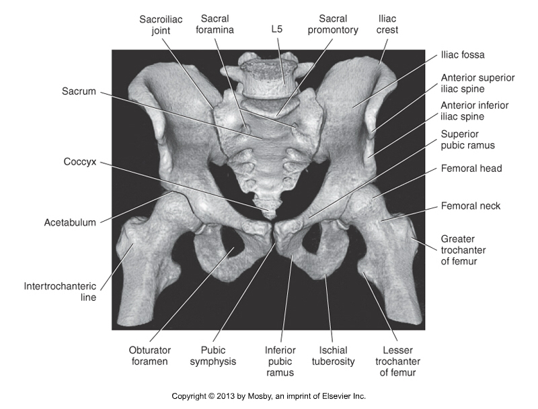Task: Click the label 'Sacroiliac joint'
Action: pos(161,25)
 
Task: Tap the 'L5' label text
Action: pos(277,29)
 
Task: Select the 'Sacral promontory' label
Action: pos(333,24)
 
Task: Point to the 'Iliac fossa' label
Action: pos(463,55)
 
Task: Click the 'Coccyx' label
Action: pos(80,162)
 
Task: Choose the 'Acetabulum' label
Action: pos(70,223)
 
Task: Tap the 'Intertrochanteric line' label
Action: pos(60,291)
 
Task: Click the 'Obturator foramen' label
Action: pos(149,355)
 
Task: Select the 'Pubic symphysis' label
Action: pos(213,355)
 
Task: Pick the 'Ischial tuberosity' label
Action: pos(333,355)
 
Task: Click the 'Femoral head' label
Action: pos(471,169)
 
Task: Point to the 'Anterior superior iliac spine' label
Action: pos(477,83)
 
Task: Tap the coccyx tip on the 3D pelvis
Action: pos(270,216)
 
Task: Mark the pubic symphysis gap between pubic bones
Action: pos(274,233)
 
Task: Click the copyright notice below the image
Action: pos(268,396)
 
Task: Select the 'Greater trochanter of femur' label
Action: pos(463,250)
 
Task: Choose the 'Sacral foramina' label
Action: pos(215,24)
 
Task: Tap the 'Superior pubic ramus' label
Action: pos(467,140)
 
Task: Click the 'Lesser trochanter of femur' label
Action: pos(397,361)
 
